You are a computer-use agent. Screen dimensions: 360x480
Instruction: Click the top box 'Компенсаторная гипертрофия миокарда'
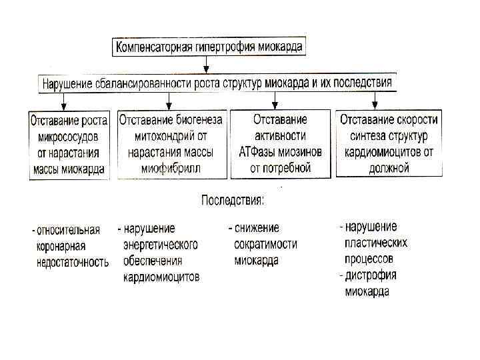(x=209, y=47)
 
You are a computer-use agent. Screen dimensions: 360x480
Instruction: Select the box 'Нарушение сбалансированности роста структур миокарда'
(x=217, y=83)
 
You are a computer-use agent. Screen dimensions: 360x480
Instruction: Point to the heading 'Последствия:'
(x=233, y=200)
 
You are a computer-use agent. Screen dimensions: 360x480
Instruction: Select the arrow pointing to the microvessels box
(x=64, y=101)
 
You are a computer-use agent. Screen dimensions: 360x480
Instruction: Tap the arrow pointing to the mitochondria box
(x=169, y=101)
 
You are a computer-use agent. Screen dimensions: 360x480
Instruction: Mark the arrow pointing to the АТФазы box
(x=276, y=101)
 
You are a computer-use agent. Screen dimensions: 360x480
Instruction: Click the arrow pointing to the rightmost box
(x=376, y=101)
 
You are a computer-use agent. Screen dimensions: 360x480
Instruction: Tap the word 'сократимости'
(x=265, y=245)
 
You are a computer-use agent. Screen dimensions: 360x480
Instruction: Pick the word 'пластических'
(x=375, y=243)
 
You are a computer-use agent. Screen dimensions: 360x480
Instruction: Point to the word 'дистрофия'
(x=371, y=275)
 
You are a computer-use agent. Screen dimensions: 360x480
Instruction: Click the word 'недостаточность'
(x=72, y=262)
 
